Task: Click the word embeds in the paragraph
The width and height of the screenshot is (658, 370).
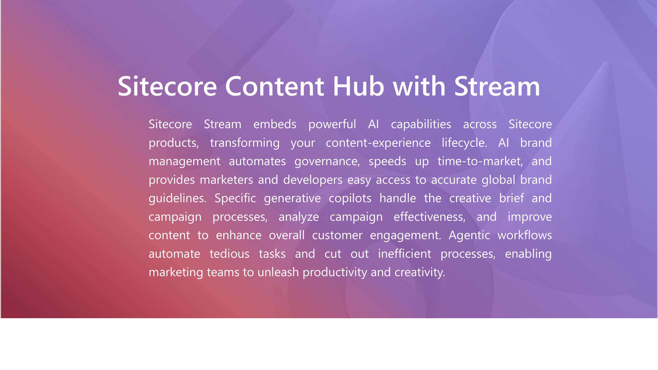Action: coord(275,124)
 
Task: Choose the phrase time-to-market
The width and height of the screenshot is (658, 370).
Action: coord(480,161)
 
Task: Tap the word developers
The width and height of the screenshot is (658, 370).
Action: coord(313,180)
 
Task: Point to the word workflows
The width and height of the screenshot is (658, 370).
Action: coord(525,235)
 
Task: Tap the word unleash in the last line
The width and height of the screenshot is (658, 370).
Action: coord(278,272)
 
